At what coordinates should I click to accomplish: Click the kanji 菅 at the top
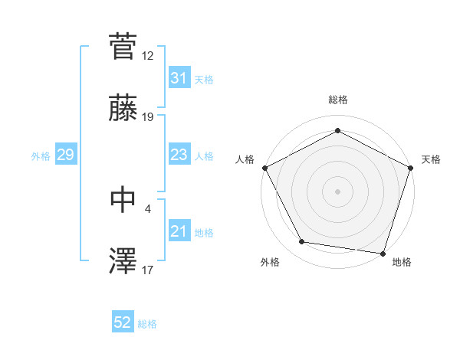[x=123, y=45]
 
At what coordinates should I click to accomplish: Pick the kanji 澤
[x=123, y=260]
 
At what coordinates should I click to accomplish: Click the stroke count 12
[x=148, y=56]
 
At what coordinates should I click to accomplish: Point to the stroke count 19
[x=148, y=117]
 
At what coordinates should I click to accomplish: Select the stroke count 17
[x=148, y=270]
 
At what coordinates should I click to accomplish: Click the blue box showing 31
[x=179, y=78]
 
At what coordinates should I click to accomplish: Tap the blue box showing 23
[x=179, y=155]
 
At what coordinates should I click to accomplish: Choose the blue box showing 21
[x=179, y=231]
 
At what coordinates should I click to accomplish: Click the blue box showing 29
[x=65, y=155]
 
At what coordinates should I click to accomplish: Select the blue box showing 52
[x=123, y=323]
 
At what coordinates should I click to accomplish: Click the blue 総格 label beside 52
[x=147, y=324]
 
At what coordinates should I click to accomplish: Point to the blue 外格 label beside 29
[x=41, y=156]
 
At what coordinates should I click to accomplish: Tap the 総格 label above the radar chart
[x=338, y=100]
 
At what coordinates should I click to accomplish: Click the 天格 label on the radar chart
[x=431, y=159]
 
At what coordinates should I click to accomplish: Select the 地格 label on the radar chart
[x=402, y=262]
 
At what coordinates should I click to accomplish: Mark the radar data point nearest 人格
[x=264, y=167]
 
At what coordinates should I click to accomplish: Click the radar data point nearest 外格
[x=302, y=242]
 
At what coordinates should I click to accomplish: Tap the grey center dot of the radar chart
[x=338, y=191]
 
